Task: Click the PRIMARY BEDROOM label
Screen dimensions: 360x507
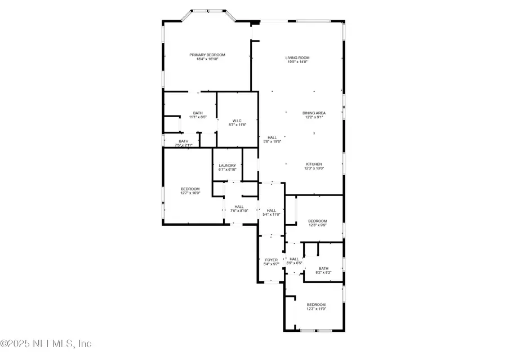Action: [x=207, y=55]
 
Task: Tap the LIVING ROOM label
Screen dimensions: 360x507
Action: [x=298, y=57]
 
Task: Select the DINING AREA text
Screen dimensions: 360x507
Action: [x=314, y=113]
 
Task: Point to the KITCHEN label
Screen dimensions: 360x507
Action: [x=314, y=164]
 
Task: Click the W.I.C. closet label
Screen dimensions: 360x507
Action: [x=237, y=121]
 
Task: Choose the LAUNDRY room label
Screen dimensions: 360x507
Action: [x=228, y=165]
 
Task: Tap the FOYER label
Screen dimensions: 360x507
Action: [x=271, y=260]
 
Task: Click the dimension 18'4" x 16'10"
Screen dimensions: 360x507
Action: [x=207, y=59]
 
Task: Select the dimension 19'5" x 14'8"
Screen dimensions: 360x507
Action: [x=298, y=62]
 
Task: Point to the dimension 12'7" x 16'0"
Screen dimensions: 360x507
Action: [x=190, y=193]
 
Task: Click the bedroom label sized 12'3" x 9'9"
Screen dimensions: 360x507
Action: [x=317, y=221]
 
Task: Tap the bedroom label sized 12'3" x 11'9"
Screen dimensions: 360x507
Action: [x=316, y=304]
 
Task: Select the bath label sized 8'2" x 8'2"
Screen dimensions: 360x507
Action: [x=323, y=268]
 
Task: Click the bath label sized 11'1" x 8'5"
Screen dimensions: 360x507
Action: [x=198, y=113]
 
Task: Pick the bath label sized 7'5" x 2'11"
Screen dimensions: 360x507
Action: [x=184, y=141]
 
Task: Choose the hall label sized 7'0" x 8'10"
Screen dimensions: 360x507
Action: [x=239, y=206]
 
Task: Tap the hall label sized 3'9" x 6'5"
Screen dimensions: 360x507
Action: [x=294, y=259]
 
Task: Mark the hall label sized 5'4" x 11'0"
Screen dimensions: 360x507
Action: [x=272, y=210]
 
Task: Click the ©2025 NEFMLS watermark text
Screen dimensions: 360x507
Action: [x=46, y=343]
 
